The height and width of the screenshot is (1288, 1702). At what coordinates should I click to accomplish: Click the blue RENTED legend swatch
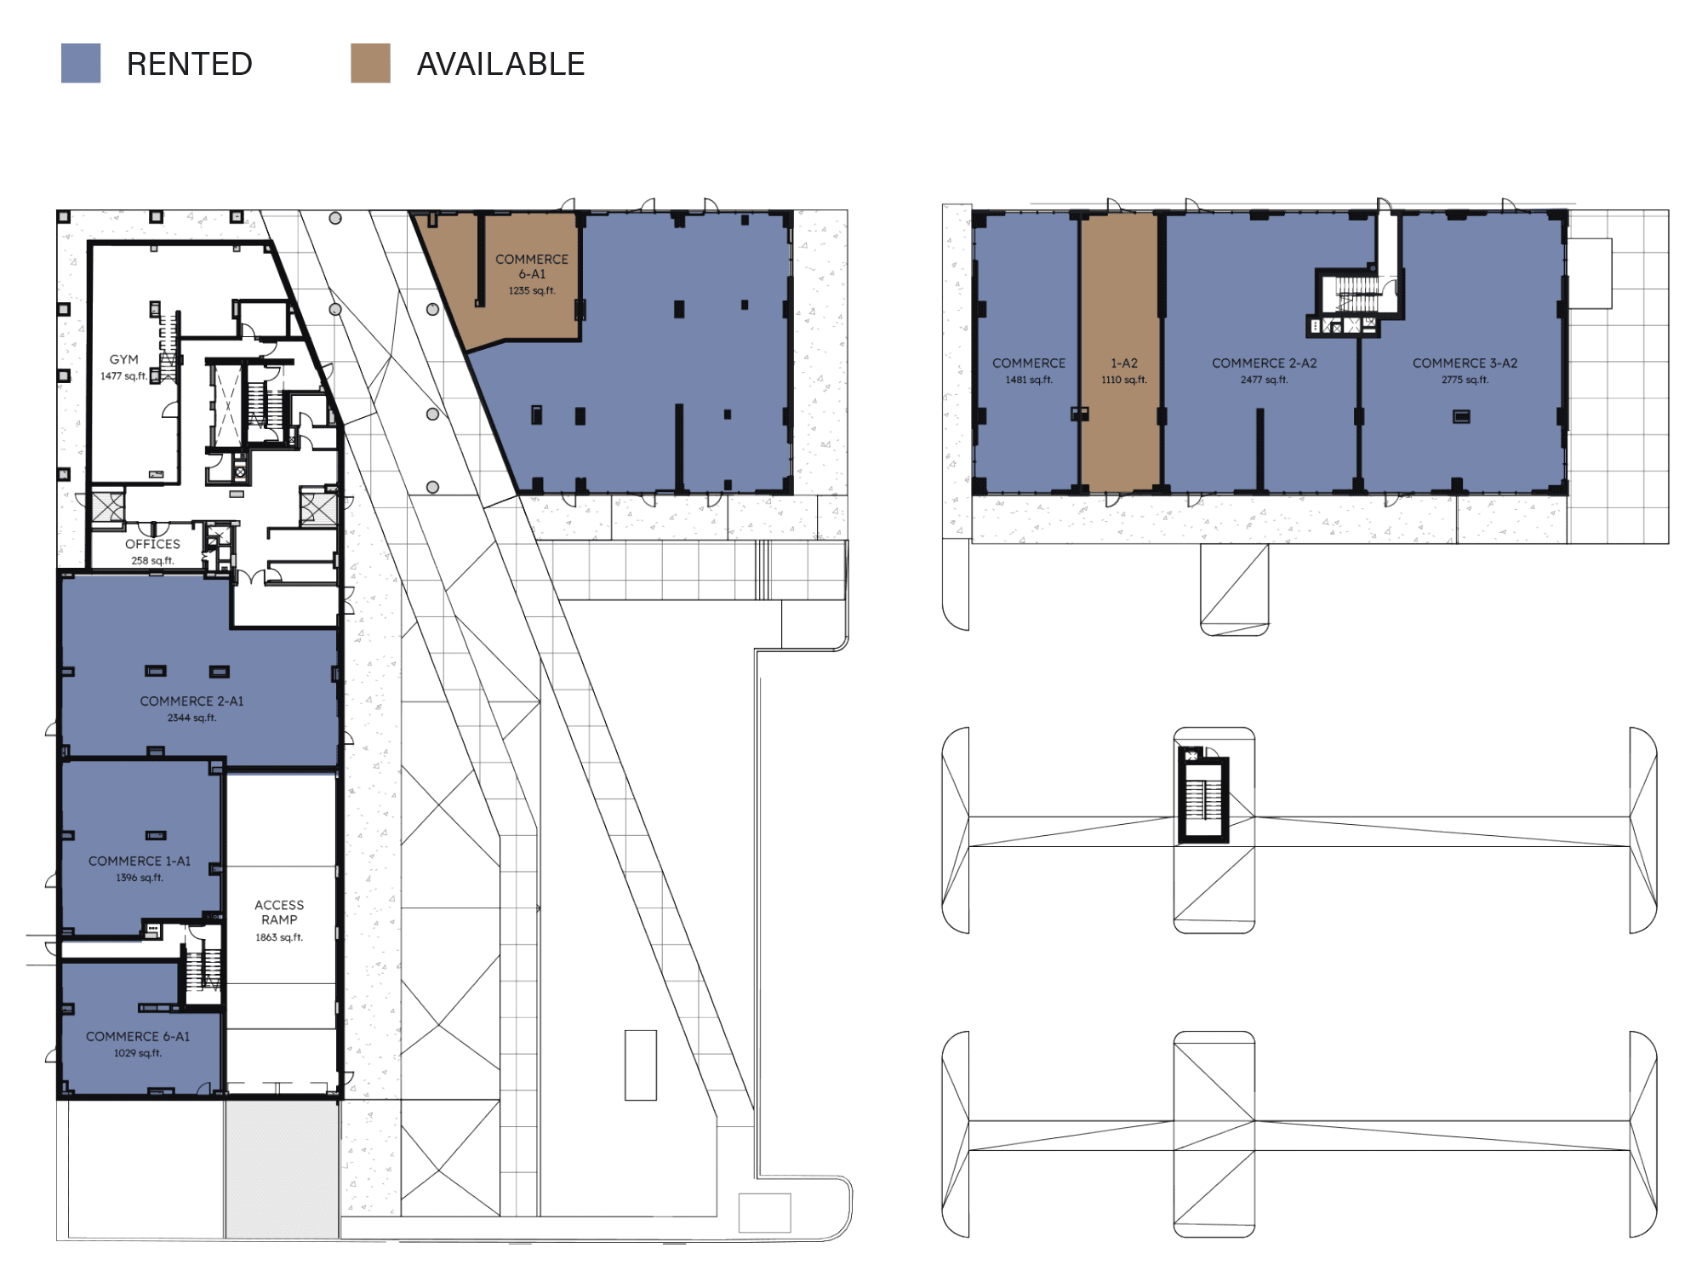click(81, 63)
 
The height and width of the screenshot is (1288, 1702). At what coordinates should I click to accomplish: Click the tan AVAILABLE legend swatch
click(370, 63)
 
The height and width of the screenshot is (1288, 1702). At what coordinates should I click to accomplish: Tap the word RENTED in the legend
click(189, 64)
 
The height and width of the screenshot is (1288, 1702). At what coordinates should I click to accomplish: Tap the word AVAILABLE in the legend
click(500, 64)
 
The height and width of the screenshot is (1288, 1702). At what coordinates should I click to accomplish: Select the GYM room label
click(123, 359)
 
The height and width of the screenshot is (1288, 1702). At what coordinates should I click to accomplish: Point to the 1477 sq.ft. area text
click(123, 375)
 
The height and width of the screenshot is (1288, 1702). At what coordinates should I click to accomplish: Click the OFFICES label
click(152, 544)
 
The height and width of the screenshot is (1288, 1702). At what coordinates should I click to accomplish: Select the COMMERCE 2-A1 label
click(191, 701)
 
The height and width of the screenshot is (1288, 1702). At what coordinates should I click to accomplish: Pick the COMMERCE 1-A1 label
click(140, 861)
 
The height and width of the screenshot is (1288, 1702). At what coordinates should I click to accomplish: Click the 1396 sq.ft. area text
click(140, 877)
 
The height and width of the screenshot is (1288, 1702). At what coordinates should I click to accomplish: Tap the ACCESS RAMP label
click(279, 912)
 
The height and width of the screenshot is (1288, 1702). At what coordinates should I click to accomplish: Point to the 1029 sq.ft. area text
click(138, 1053)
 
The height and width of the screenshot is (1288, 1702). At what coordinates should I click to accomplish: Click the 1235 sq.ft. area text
click(532, 290)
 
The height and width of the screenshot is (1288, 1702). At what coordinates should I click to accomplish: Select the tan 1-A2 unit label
click(1123, 363)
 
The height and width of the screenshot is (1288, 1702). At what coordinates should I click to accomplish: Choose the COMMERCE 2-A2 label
click(1264, 363)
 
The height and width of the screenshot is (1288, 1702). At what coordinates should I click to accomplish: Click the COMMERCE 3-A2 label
click(1465, 363)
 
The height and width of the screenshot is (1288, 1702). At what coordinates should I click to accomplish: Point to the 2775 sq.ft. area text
click(1465, 380)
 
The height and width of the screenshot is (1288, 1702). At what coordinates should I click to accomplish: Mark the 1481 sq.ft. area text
click(1029, 380)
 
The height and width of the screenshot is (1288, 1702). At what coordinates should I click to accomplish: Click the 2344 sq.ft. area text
click(191, 718)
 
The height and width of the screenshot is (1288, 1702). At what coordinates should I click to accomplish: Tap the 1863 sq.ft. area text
click(279, 937)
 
